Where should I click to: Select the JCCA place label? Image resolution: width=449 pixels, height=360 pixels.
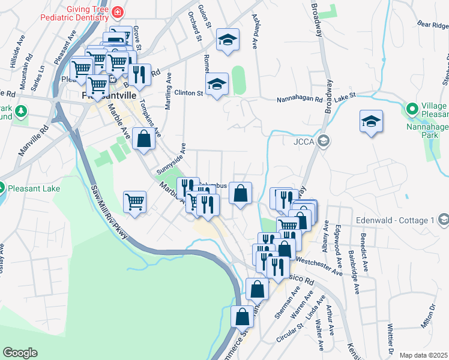[303, 142]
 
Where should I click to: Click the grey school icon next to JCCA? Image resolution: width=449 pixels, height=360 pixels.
[324, 142]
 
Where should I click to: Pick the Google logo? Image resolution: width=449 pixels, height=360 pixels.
[20, 353]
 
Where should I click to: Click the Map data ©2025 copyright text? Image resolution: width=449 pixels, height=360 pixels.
[424, 355]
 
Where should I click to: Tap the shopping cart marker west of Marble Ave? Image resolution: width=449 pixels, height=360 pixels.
[135, 202]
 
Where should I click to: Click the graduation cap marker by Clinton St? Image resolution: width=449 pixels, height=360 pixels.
[217, 84]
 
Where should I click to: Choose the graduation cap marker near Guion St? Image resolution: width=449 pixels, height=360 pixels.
[227, 40]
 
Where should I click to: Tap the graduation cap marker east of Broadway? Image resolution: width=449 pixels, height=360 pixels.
[371, 121]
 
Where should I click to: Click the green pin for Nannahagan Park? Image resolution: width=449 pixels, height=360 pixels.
[412, 109]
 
